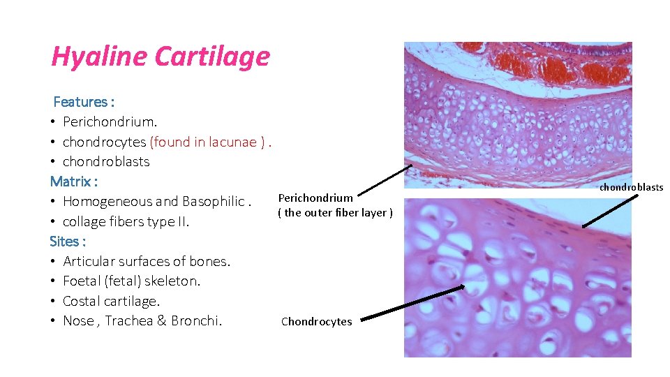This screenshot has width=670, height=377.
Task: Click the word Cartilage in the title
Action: (x=212, y=57)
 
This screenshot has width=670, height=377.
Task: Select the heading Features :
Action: (x=84, y=102)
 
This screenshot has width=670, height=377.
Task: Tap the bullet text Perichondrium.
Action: (x=105, y=121)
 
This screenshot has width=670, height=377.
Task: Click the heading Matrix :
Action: (x=74, y=182)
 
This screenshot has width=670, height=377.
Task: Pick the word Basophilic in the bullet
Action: (x=213, y=202)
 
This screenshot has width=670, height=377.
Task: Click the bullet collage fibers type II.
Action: (x=126, y=222)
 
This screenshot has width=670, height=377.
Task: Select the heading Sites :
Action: (x=68, y=242)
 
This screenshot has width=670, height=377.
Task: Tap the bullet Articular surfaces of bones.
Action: (x=147, y=262)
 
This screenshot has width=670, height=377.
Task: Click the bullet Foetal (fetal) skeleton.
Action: (x=131, y=281)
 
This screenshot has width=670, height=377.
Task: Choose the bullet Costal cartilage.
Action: (x=111, y=302)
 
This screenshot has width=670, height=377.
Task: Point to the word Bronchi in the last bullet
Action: (x=197, y=321)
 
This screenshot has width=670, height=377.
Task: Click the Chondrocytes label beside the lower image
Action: (x=316, y=322)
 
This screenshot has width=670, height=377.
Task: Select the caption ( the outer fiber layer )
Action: (x=335, y=213)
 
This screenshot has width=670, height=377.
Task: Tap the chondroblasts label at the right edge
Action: (x=631, y=188)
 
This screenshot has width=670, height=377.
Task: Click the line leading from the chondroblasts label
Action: (x=611, y=209)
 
